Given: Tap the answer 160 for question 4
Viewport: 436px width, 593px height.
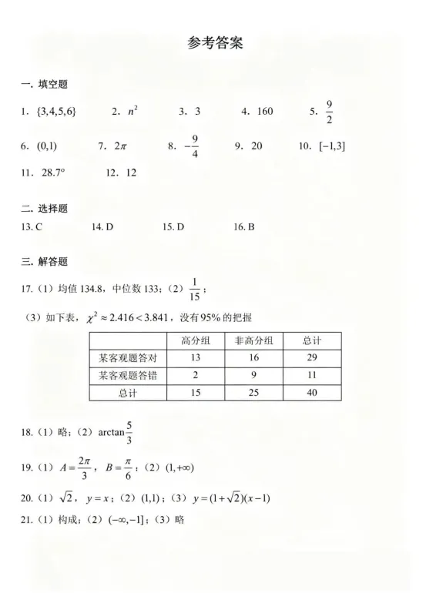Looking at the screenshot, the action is [264, 112].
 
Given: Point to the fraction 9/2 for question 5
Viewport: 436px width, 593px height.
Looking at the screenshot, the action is [329, 112].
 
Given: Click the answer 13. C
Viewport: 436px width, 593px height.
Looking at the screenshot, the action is [32, 227].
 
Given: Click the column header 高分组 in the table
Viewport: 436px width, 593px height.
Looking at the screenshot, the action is [196, 340].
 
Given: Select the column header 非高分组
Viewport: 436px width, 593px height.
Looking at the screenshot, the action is [253, 340].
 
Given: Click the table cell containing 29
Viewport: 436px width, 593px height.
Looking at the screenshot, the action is [312, 358].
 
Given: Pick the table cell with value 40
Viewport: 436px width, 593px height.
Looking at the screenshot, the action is [312, 393].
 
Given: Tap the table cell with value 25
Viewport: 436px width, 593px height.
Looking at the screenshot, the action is [253, 393].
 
